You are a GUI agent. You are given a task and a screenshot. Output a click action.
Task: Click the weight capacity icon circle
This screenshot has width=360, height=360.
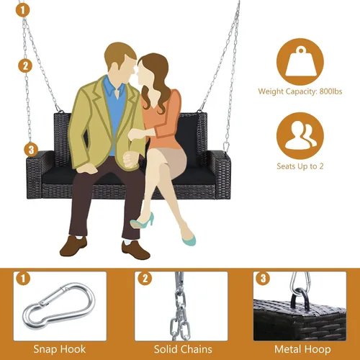[300, 61]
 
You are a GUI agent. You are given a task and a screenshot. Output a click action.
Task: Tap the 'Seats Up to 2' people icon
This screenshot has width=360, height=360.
[301, 135]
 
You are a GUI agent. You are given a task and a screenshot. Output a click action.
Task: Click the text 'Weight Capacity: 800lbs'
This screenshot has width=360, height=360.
[300, 91]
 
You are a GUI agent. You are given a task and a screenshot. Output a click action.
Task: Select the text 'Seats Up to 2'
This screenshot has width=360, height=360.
[300, 166]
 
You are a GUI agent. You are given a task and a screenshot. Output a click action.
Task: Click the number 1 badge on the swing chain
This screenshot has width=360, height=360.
[23, 10]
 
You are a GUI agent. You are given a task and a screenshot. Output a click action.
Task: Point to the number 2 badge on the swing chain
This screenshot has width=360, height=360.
[25, 66]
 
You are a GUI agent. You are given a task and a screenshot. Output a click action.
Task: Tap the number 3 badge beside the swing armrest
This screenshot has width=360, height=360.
[31, 150]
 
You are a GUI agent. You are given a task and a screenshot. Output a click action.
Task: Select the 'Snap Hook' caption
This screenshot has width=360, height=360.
[60, 349]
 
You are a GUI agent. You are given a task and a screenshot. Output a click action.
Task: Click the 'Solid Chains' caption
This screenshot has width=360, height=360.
[183, 349]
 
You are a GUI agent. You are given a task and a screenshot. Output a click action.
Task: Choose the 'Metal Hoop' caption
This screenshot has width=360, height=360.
[302, 349]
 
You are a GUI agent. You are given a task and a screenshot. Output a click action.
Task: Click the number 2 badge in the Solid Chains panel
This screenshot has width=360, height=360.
[145, 279]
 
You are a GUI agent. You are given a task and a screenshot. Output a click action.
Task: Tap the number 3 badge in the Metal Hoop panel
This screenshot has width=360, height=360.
[263, 279]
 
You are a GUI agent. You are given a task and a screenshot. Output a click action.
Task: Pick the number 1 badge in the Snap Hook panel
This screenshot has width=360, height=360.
[23, 279]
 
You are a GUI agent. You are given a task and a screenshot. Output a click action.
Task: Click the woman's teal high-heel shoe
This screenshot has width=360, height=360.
[142, 221]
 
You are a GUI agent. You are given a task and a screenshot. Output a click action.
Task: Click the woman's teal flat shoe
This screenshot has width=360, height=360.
[189, 239]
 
